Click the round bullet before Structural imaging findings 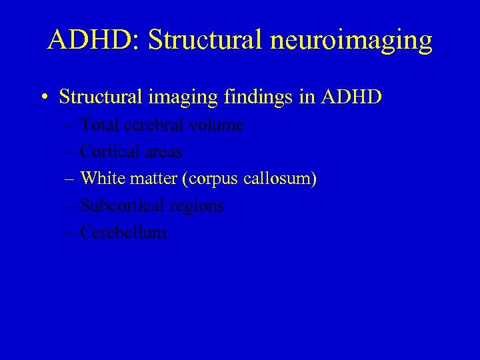click(x=42, y=98)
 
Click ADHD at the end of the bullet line click(x=351, y=97)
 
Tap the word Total click(x=99, y=125)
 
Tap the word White click(x=101, y=179)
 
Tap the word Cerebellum click(x=123, y=233)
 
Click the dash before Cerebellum click(x=71, y=233)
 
